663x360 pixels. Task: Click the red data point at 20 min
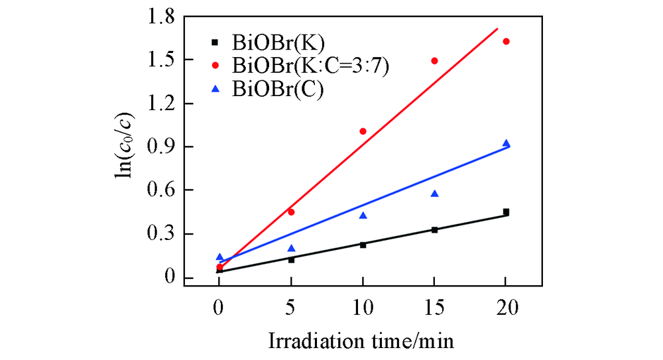506,41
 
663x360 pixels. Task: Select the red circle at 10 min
363,131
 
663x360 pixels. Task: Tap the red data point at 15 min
434,61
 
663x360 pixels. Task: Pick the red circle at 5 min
291,212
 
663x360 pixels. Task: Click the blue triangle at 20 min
506,143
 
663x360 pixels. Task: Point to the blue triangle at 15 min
434,194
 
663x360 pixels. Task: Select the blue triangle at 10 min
363,215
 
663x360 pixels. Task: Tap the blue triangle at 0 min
219,257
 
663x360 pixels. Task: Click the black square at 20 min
506,212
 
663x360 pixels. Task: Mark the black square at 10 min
363,245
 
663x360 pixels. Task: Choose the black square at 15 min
434,229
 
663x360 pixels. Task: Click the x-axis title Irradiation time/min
362,341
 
